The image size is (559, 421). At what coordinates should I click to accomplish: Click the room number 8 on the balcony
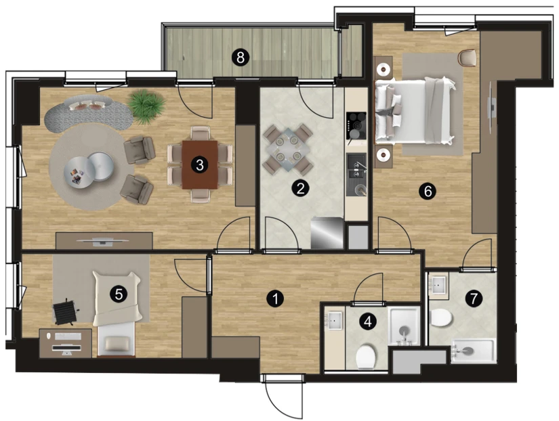(241, 57)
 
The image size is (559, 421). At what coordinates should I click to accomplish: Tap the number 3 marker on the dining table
(200, 164)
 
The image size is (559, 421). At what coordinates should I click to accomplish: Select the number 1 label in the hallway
(275, 299)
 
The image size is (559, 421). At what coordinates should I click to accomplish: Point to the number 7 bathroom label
(474, 298)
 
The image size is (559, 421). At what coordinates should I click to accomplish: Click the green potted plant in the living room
(146, 106)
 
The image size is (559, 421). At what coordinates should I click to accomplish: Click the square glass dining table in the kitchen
(288, 149)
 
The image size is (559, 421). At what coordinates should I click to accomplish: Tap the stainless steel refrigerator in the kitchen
(327, 233)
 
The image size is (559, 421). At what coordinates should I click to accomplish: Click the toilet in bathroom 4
(366, 356)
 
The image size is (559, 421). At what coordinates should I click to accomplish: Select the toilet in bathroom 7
(441, 317)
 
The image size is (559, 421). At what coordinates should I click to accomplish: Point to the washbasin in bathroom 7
(438, 285)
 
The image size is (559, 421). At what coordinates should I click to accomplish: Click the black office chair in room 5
(65, 313)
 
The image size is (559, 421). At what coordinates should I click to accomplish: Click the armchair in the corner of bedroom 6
(468, 58)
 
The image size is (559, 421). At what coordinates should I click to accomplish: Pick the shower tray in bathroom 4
(404, 326)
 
